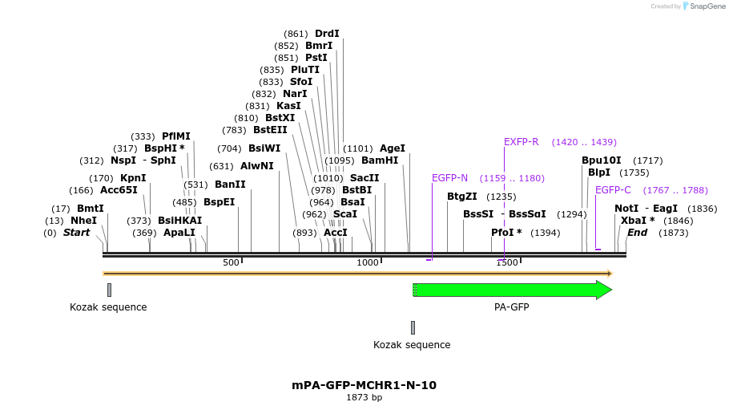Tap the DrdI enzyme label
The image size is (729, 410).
point(327,34)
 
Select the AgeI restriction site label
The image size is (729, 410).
point(393,148)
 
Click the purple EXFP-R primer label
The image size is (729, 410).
point(521,142)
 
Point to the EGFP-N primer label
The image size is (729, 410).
point(449,178)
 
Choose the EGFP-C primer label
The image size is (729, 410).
point(613,190)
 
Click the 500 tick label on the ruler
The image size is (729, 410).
point(231,262)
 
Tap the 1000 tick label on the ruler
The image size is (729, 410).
point(368,262)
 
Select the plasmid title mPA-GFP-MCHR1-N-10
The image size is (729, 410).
point(364,385)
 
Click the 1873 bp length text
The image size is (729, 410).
point(364,397)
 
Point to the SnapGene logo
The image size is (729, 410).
point(703,6)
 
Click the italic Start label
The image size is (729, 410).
point(76,233)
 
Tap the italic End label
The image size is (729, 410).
point(637,233)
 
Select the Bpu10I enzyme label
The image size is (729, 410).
point(602,160)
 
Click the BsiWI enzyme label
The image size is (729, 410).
point(264,148)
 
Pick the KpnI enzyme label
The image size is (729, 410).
point(133,178)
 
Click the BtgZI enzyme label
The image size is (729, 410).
point(462,197)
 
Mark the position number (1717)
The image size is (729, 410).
point(648,160)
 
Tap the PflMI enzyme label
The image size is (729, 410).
point(176,136)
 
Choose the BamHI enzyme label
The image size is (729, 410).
point(380,160)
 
